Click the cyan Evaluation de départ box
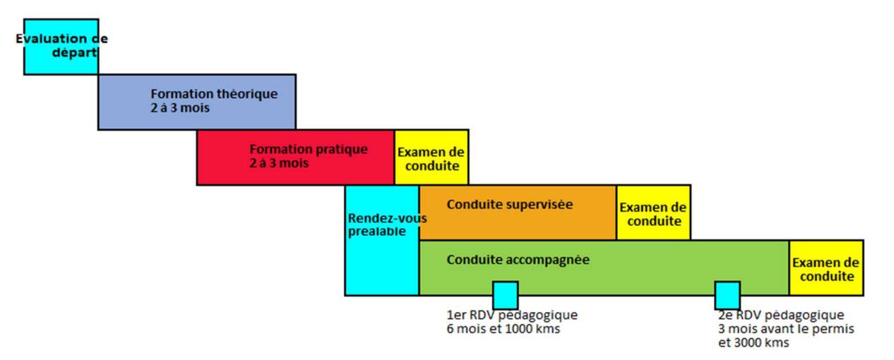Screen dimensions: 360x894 pyautogui.click(x=61, y=47)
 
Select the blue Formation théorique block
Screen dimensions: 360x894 pyautogui.click(x=196, y=102)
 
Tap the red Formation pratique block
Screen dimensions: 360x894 pyautogui.click(x=295, y=157)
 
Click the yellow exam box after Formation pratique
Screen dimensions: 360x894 pyautogui.click(x=431, y=157)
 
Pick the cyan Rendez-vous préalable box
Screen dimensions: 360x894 pyautogui.click(x=382, y=240)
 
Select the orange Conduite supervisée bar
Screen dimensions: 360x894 pyautogui.click(x=518, y=212)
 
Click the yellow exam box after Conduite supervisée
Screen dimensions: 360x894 pyautogui.click(x=654, y=212)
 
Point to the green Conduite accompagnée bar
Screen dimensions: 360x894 pyautogui.click(x=604, y=267)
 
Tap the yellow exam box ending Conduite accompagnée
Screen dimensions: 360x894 pyautogui.click(x=826, y=268)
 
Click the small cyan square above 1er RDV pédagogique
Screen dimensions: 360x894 pyautogui.click(x=505, y=295)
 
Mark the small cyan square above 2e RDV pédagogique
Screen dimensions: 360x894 pyautogui.click(x=727, y=295)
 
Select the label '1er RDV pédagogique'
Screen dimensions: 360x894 pyautogui.click(x=512, y=315)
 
